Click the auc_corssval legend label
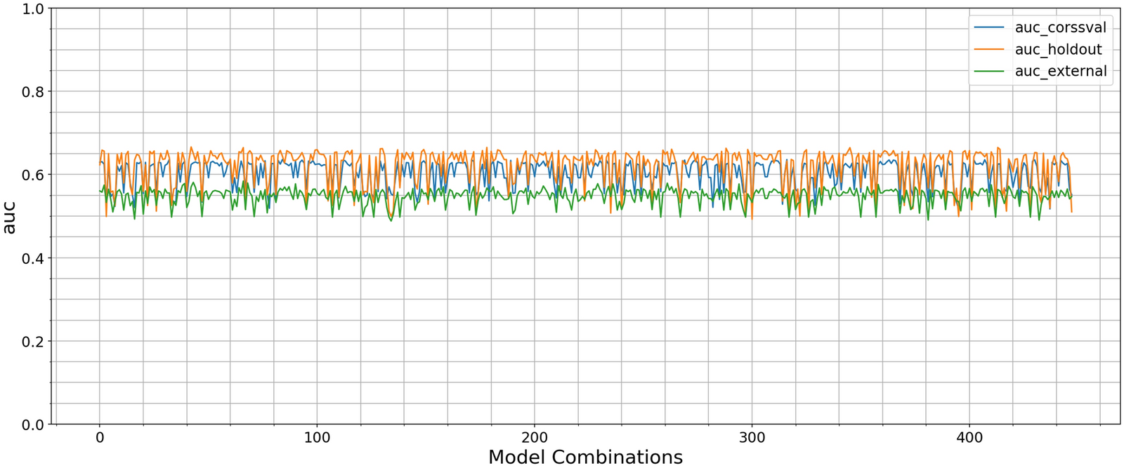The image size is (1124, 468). coord(1061,28)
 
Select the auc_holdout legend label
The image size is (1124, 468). coord(1058,50)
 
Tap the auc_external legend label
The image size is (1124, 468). coord(1061,72)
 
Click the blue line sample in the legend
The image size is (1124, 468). coord(989,28)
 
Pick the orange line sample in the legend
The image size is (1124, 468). coord(989,50)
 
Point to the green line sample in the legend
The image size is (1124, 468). coord(989,72)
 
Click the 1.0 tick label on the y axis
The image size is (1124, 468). coord(33,9)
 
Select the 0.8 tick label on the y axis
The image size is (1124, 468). coord(33,92)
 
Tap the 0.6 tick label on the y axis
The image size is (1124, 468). coord(33,175)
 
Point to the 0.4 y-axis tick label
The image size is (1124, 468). coord(33,258)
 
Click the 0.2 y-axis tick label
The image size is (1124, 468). coord(33,341)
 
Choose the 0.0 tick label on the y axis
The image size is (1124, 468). coord(33,424)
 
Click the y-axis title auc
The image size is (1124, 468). coord(10,217)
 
